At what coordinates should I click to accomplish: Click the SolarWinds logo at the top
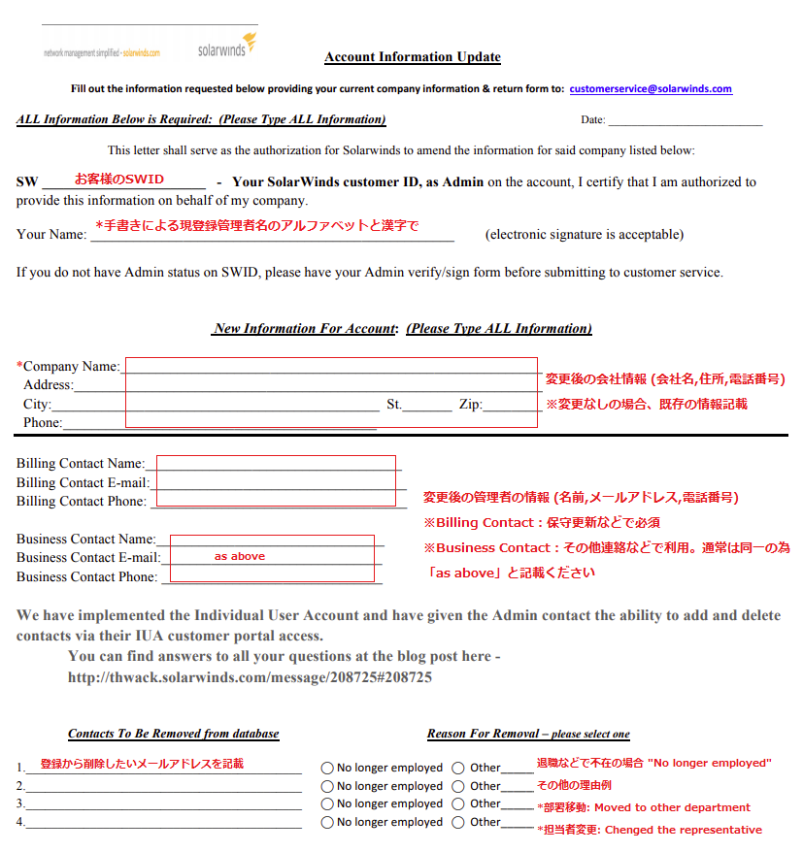226,45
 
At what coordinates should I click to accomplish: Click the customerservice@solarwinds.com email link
651,88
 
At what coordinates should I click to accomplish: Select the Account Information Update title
413,57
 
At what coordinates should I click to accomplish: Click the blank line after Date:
685,121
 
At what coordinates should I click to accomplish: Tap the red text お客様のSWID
119,180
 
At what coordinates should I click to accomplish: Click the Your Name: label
51,234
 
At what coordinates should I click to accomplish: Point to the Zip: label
470,405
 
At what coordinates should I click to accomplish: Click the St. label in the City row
393,405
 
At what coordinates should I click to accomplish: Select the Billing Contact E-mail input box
275,482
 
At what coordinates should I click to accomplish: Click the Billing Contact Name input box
276,464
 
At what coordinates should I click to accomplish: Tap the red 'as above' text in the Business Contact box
240,556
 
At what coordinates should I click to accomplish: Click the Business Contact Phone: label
86,576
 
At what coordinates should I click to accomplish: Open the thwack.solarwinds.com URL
250,677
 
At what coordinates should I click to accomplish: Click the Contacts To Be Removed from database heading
173,734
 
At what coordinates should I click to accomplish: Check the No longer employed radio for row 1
328,768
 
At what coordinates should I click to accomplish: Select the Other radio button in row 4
458,822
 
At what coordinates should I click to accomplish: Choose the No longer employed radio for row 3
328,803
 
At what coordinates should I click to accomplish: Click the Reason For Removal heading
528,734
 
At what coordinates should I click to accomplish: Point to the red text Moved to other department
672,807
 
